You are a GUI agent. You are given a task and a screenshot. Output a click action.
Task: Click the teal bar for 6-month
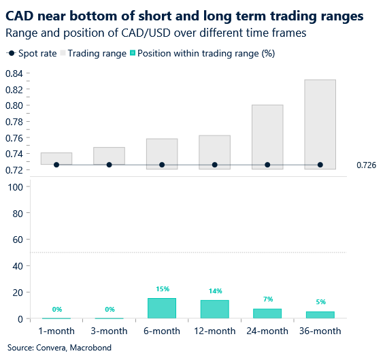click(x=162, y=308)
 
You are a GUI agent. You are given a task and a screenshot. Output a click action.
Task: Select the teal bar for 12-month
click(x=215, y=309)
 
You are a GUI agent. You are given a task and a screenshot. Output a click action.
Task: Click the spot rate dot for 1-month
click(x=56, y=165)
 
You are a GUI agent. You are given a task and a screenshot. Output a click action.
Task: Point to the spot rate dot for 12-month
click(x=215, y=165)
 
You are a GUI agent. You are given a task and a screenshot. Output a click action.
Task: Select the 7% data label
click(x=267, y=300)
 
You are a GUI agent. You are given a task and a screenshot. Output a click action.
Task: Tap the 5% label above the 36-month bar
click(x=320, y=303)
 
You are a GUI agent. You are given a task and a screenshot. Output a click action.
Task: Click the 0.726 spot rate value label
click(x=366, y=165)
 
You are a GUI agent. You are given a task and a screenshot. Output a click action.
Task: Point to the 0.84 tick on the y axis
click(x=14, y=73)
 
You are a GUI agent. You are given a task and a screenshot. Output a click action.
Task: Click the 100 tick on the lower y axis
click(x=14, y=187)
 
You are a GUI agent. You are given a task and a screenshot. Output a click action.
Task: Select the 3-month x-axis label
click(x=109, y=331)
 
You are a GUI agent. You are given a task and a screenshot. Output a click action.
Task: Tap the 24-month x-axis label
click(x=267, y=331)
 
